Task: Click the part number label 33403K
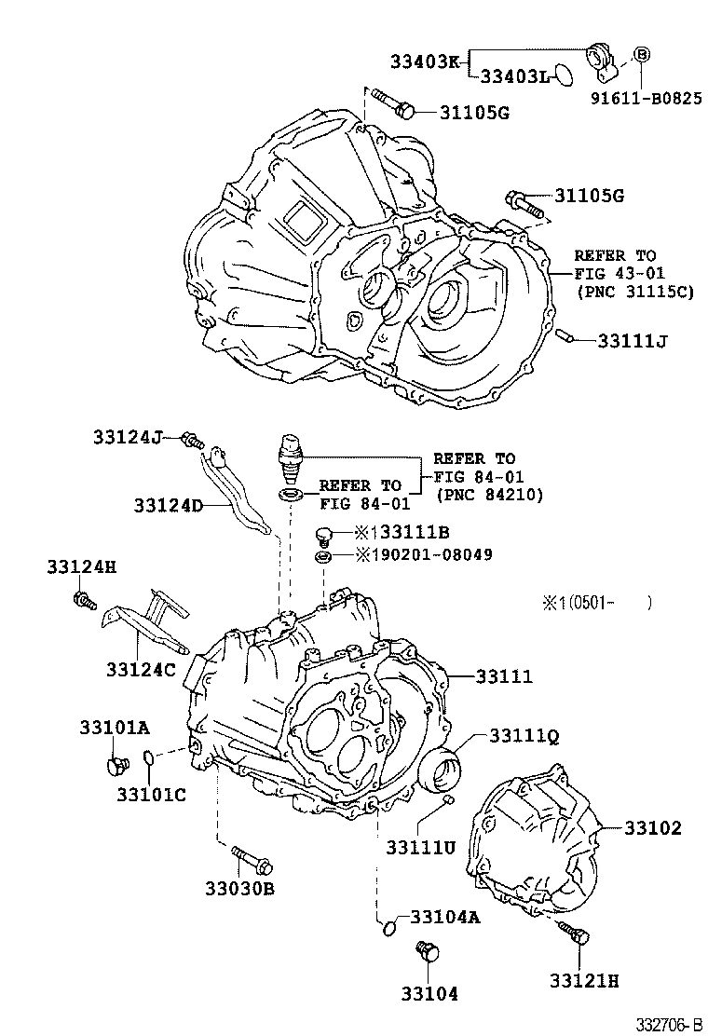(x=425, y=62)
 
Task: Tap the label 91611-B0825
(x=650, y=97)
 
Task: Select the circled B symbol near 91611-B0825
(x=642, y=56)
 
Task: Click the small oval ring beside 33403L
(x=562, y=74)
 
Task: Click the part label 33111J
(x=633, y=340)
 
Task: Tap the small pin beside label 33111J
(x=565, y=335)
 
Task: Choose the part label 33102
(x=652, y=827)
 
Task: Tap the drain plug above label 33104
(x=428, y=951)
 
